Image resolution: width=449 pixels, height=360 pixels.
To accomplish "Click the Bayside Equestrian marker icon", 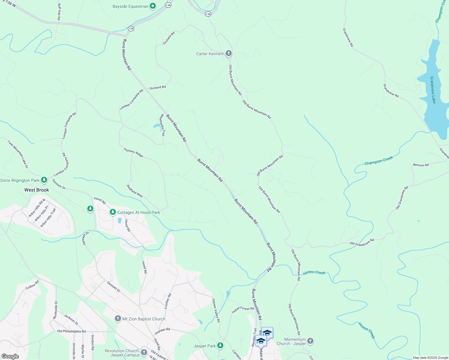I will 153,6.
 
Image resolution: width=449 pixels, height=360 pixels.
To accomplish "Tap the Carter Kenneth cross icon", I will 228,54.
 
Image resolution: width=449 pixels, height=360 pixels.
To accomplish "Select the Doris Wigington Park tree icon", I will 44,180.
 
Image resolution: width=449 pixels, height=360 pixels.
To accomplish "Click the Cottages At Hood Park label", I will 139,212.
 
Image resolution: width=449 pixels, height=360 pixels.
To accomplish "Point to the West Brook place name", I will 37,190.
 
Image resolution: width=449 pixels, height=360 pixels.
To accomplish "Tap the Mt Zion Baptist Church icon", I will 118,319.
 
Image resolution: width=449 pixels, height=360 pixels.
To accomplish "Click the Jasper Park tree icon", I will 220,346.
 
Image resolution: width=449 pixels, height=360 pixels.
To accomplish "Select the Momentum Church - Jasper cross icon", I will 310,341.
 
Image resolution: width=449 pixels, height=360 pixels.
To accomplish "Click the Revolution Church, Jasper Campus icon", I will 144,352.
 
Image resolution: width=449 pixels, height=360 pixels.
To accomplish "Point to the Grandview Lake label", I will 432,90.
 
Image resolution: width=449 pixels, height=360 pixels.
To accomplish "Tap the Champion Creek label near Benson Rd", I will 378,161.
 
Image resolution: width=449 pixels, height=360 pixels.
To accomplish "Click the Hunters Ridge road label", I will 134,152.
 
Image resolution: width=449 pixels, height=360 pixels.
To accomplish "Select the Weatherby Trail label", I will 162,125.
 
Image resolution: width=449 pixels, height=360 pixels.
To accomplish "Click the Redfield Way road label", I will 134,190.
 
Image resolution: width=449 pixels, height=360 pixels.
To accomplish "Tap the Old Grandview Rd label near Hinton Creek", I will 362,242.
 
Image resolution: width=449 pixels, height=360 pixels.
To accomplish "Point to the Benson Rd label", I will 421,165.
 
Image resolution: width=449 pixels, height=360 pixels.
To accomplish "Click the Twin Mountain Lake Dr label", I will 18,154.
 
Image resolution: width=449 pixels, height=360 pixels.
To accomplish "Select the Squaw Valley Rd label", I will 216,310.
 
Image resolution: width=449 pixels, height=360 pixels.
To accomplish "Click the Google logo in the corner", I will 10,356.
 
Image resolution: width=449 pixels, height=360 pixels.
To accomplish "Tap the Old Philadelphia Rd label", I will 71,331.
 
